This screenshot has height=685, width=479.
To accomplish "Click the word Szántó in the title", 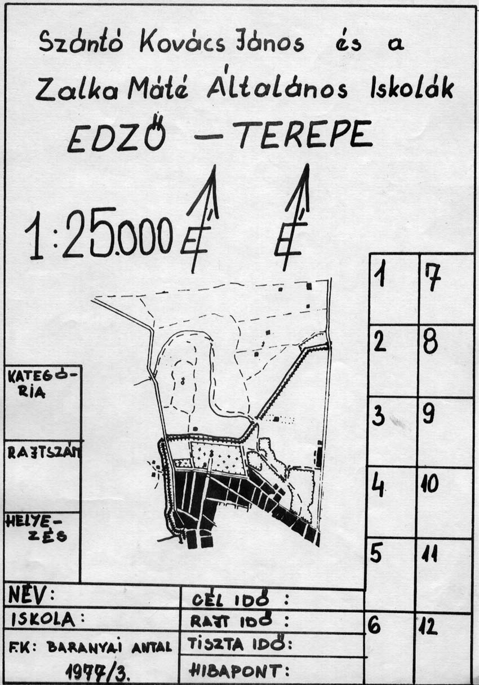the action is click(x=82, y=42).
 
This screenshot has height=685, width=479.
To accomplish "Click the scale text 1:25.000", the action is click(x=99, y=234).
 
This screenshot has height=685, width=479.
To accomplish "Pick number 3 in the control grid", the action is click(x=379, y=417).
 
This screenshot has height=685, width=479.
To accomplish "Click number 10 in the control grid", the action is click(x=430, y=484).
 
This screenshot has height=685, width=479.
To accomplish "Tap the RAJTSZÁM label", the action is click(x=43, y=452).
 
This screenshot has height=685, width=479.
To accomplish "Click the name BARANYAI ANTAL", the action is click(x=109, y=647).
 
